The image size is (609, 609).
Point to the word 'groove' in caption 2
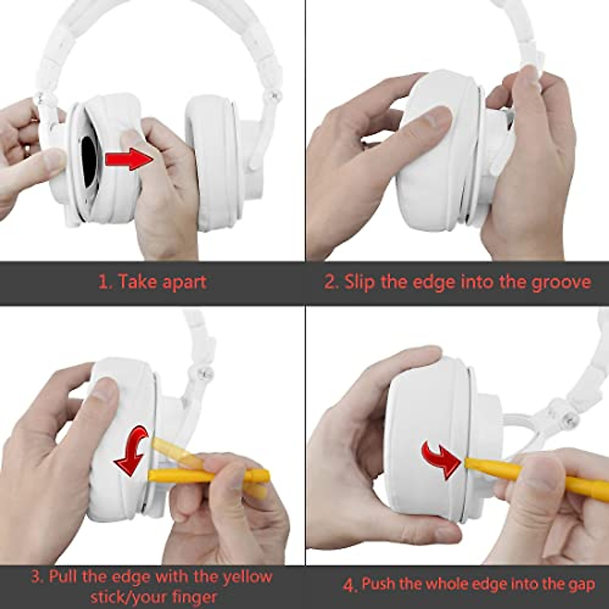pyautogui.click(x=561, y=282)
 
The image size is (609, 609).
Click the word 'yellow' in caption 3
pyautogui.click(x=247, y=577)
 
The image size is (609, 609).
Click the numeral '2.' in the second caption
pyautogui.click(x=331, y=282)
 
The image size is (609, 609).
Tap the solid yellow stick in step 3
pyautogui.click(x=208, y=476)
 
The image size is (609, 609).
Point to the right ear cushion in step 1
pyautogui.click(x=213, y=162)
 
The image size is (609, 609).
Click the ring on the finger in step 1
pyautogui.click(x=26, y=151)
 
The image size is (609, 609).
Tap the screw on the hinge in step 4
pyautogui.click(x=572, y=420)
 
